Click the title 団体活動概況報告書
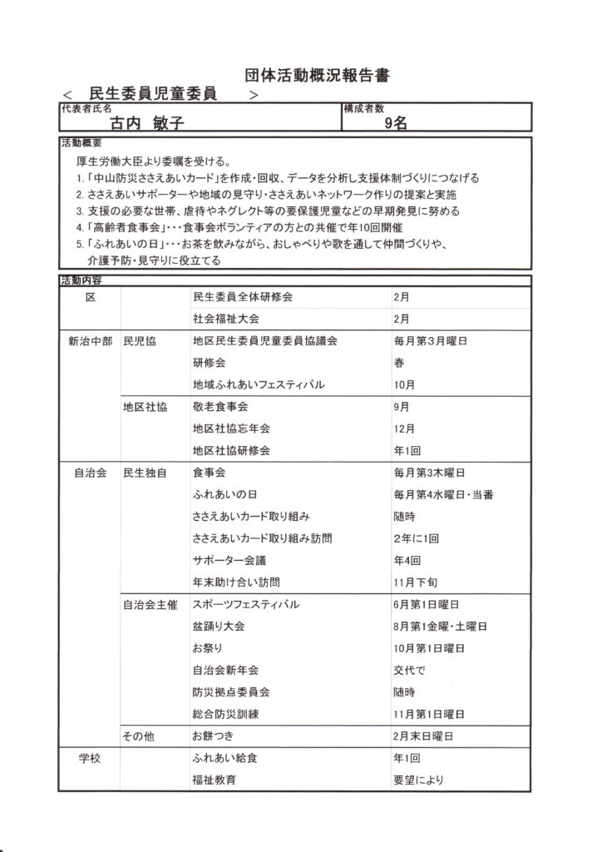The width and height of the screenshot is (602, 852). pos(318,75)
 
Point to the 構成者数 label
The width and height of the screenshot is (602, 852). pos(363,107)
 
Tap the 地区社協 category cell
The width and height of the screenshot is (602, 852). pos(145,407)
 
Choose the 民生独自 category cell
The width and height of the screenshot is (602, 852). pos(145,473)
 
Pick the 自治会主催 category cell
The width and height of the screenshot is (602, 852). pos(150,604)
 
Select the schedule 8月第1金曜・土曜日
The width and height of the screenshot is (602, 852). pos(440,626)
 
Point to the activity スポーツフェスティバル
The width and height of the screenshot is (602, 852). pos(245,604)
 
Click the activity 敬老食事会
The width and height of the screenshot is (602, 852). pos(220,407)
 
